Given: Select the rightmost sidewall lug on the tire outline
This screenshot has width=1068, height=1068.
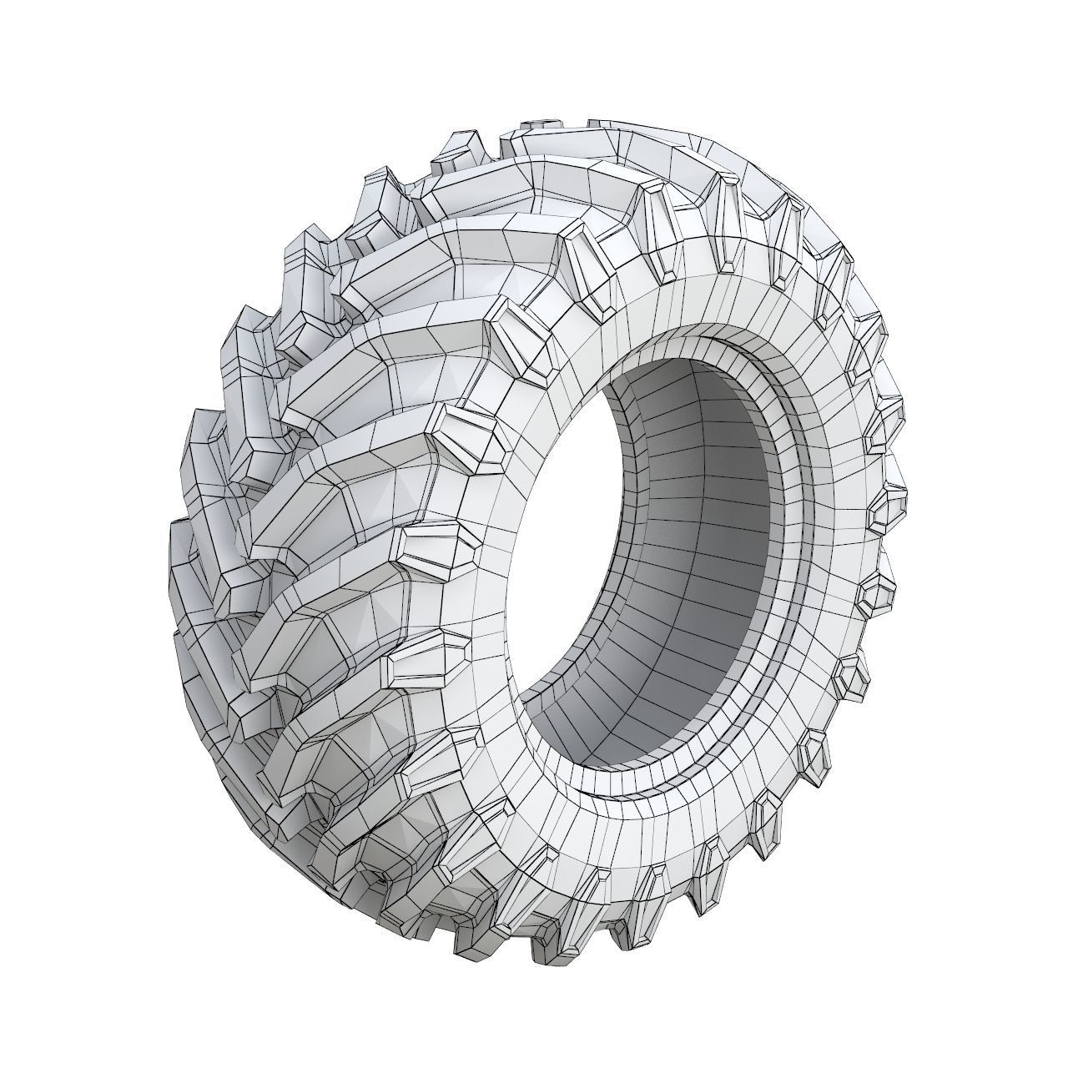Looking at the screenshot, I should point(893,505).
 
